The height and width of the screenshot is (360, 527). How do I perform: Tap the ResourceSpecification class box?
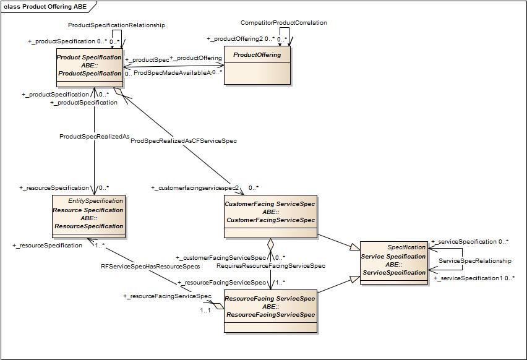click(x=88, y=216)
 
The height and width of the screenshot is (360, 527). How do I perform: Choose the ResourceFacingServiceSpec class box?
click(x=270, y=311)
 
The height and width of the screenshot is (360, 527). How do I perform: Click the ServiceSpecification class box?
click(x=393, y=263)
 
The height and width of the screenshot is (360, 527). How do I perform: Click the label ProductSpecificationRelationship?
click(x=116, y=25)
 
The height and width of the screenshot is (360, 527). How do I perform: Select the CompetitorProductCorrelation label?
click(x=284, y=23)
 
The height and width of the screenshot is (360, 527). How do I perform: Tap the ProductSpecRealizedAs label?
click(x=94, y=136)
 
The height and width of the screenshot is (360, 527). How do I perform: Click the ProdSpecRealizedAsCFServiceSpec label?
click(x=184, y=141)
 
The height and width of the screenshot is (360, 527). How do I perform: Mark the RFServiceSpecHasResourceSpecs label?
click(x=150, y=267)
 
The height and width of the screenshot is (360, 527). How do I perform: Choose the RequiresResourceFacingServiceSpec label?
click(x=270, y=266)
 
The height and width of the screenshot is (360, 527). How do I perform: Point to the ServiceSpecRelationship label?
click(x=475, y=261)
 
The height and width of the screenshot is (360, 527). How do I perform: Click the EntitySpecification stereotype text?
click(x=95, y=201)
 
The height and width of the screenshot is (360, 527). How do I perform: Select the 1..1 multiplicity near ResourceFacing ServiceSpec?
click(x=205, y=311)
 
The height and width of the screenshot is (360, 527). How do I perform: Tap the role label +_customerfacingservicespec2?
click(x=195, y=187)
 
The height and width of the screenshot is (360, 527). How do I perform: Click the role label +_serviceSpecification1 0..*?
click(x=474, y=278)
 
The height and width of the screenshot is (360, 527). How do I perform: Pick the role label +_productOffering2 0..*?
click(x=247, y=39)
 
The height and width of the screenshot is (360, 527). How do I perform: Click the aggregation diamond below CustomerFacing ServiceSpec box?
click(x=270, y=246)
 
